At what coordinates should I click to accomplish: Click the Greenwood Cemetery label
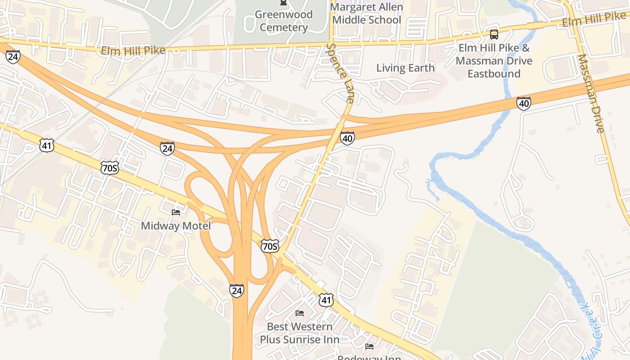283,21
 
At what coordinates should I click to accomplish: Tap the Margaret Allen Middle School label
366,13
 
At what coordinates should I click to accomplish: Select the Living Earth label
405,68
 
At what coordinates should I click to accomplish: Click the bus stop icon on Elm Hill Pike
494,34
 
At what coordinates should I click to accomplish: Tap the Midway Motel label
175,225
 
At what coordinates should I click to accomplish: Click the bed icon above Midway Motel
176,212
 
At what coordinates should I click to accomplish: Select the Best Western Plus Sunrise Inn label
300,333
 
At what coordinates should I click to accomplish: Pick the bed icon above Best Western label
300,313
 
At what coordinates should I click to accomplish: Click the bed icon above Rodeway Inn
369,346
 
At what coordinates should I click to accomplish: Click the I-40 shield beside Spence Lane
347,138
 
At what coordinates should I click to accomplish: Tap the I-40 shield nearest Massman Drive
523,103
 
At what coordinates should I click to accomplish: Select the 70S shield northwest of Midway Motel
110,168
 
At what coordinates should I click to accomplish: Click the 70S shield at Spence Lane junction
270,246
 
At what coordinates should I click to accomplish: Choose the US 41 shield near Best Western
326,300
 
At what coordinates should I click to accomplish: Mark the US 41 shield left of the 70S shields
47,145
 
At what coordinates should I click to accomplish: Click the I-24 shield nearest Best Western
236,291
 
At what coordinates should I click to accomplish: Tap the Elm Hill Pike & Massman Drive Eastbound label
494,61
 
